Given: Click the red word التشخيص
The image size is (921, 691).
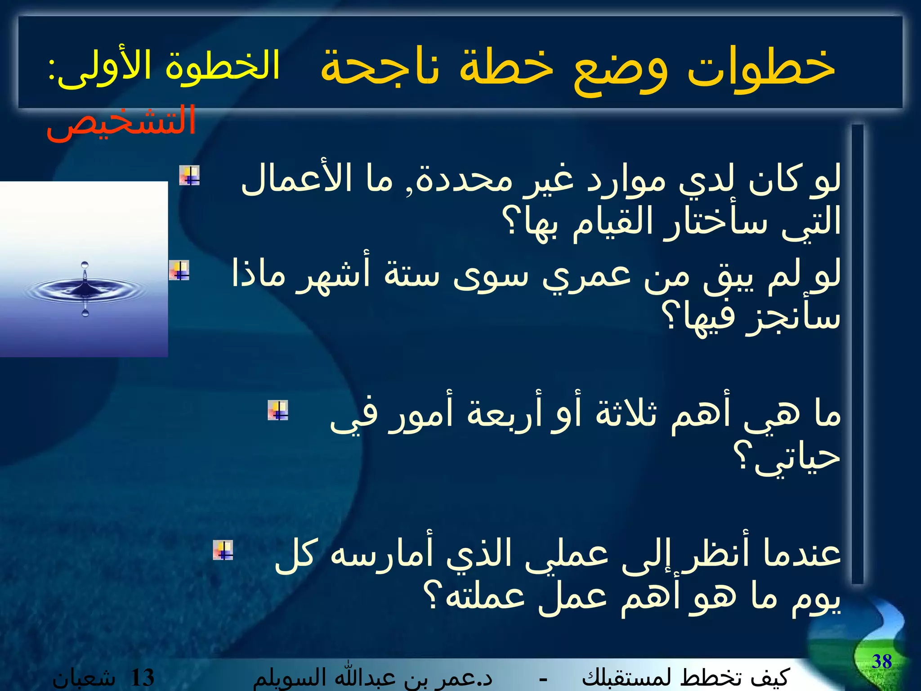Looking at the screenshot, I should coord(121,122).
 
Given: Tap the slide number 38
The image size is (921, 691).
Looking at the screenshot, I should coord(881,662).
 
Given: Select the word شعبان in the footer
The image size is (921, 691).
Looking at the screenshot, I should coord(84,678).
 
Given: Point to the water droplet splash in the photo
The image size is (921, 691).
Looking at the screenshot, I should coord(85,288).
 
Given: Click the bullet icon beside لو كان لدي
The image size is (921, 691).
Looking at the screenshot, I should coord(189,175).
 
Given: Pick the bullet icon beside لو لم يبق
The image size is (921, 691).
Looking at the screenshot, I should coord(179,270).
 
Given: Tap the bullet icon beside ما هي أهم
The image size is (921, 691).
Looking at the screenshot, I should coord(277,410).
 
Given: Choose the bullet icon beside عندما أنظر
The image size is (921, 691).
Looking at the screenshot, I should coord(223,550).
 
